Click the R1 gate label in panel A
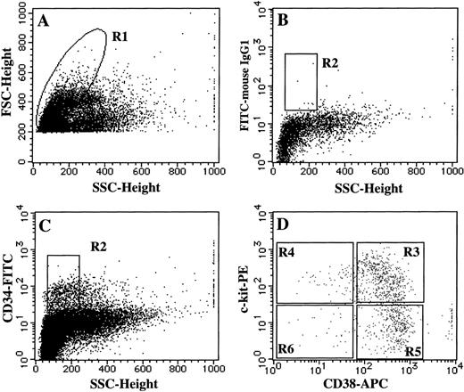point(120,36)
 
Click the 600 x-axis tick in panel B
point(375,171)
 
